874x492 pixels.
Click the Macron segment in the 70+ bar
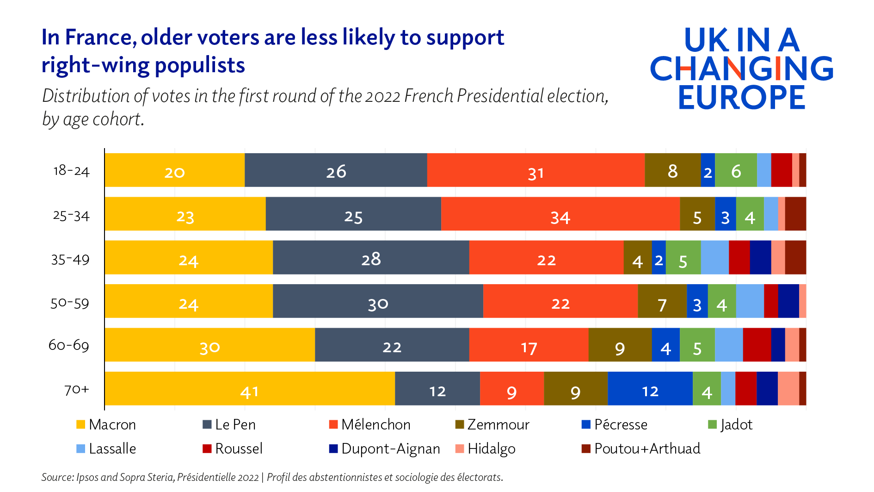(x=250, y=389)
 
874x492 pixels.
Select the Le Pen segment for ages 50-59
(x=378, y=301)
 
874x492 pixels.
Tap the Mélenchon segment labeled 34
(x=560, y=214)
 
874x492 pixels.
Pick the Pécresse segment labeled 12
(x=650, y=389)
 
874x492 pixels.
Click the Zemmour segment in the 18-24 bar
(x=672, y=170)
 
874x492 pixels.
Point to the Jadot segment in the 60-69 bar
(x=697, y=345)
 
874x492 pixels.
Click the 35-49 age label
(x=70, y=260)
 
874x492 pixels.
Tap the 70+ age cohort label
(x=76, y=390)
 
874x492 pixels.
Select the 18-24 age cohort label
(x=71, y=171)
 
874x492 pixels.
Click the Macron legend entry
(x=106, y=424)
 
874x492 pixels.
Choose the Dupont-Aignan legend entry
(x=385, y=448)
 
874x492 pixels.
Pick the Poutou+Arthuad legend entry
(x=641, y=448)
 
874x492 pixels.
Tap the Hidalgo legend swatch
(x=460, y=448)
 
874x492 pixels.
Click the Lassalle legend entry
(x=106, y=448)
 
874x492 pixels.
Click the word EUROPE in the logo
(x=741, y=98)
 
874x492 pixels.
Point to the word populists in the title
(x=200, y=65)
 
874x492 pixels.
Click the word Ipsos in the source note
(x=87, y=477)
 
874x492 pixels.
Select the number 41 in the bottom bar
(x=249, y=392)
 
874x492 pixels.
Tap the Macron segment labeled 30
(x=209, y=345)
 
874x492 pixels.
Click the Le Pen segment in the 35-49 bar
(x=371, y=258)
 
